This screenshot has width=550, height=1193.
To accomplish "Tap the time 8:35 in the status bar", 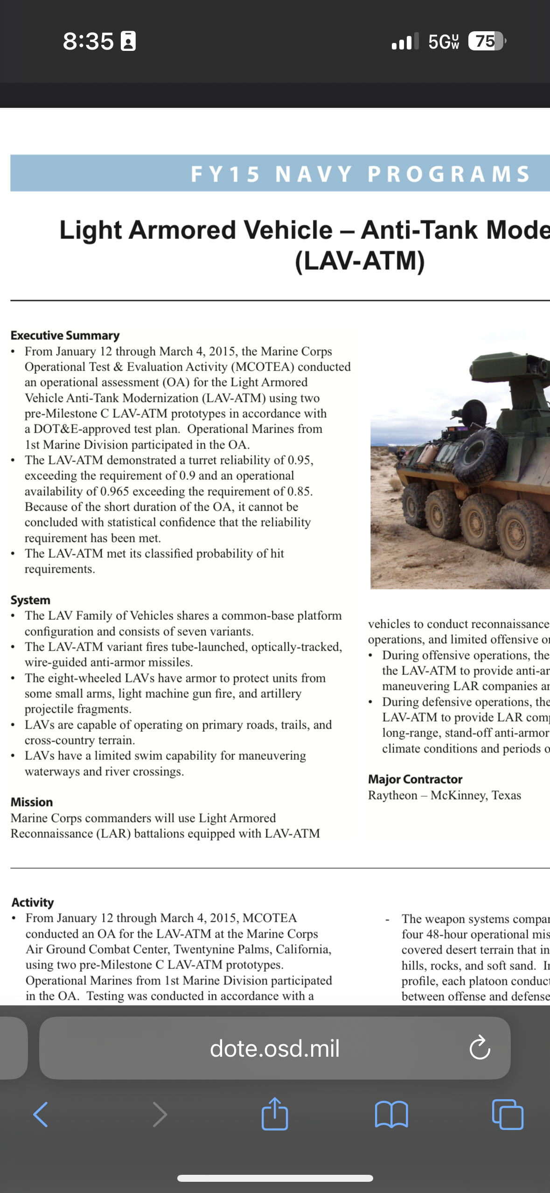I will pos(88,41).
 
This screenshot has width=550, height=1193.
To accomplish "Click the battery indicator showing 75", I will pos(486,41).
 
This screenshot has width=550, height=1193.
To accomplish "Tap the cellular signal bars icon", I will pos(405,42).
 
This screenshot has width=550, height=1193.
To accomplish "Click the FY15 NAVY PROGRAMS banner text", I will pos(360,174).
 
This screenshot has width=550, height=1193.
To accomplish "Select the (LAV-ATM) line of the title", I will pos(360,260).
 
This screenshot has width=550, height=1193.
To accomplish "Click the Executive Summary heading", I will pos(65,335).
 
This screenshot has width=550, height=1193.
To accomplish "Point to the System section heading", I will pos(30,600).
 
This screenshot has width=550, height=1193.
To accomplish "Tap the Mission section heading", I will pos(32,802).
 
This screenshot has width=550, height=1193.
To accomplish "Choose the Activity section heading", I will pos(33,902).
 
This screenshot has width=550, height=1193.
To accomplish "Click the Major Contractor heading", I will pos(415,779).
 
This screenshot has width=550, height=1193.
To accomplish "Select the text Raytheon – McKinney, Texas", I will pos(444,795).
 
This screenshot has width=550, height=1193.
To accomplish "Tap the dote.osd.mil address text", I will pos(274,1048).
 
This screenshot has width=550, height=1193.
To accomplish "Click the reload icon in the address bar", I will pos(480,1048).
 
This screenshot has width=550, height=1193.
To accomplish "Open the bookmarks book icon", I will pos(391,1115).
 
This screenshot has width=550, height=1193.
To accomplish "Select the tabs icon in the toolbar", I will pos(508,1115).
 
